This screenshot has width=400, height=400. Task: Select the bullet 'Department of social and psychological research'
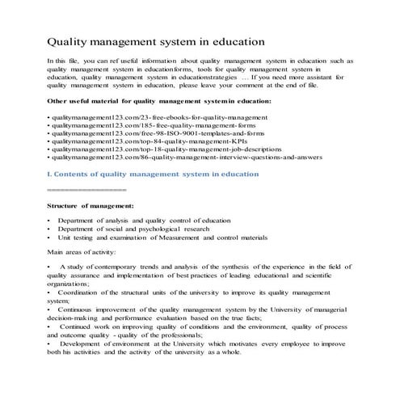pos(145,229)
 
